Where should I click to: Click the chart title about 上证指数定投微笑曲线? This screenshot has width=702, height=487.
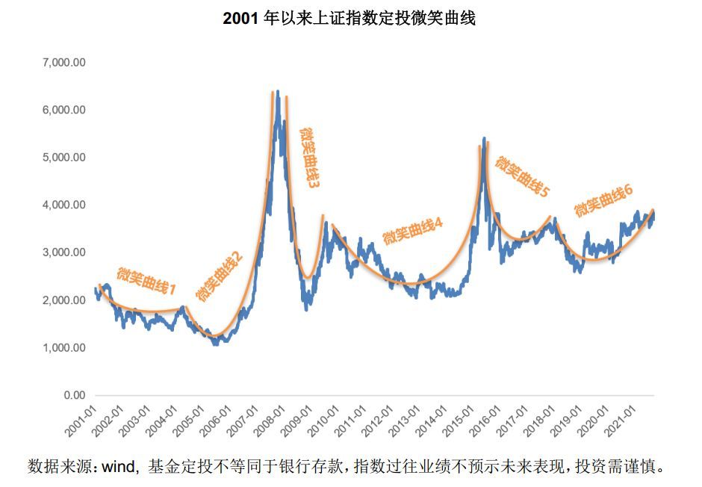pos(350,19)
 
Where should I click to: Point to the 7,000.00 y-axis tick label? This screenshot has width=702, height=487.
pos(65,63)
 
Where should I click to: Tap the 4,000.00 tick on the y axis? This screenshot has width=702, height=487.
pos(65,205)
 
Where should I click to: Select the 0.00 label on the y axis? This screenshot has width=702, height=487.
pos(75,395)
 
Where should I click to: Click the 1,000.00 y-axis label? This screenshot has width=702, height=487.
pos(65,348)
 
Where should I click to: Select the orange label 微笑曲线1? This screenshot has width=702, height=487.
pos(146,279)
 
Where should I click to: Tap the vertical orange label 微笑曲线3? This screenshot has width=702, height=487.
pos(309,157)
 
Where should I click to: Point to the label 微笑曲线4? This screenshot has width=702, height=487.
pos(412,231)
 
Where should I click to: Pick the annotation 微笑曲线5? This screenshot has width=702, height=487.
pos(522,176)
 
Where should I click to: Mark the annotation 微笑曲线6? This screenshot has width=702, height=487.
pos(603,200)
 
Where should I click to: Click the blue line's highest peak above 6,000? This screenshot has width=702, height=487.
pos(278,92)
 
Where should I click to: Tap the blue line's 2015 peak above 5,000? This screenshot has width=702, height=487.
pos(485,139)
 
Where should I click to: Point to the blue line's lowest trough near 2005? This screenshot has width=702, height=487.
pos(215,344)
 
